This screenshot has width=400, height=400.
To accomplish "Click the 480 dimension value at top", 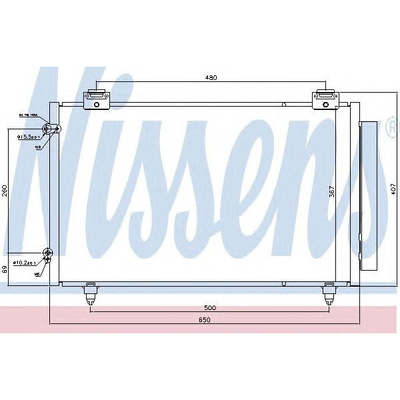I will (x=211, y=79).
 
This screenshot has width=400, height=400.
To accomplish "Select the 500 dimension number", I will (x=210, y=309).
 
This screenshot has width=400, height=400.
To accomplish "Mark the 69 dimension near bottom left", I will (x=5, y=269).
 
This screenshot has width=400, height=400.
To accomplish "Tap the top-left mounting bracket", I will (x=97, y=99).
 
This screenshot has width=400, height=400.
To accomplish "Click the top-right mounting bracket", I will (x=325, y=99).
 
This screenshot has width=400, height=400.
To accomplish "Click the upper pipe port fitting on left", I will (x=47, y=129).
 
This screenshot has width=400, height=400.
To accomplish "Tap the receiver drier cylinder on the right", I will (x=367, y=196).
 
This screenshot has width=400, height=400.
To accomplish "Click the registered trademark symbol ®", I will (x=391, y=127).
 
